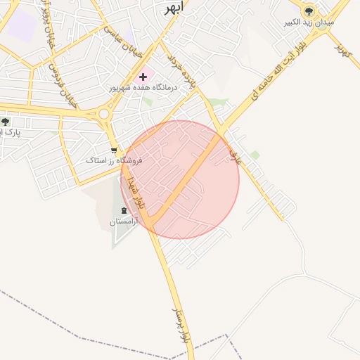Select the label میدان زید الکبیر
(309, 22)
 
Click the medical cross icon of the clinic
(143, 77)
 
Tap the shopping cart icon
(115, 150)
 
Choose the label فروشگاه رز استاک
(115, 161)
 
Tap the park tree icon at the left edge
(6, 122)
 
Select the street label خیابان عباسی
(124, 32)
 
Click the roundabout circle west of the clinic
(104, 113)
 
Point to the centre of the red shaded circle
(180, 179)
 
